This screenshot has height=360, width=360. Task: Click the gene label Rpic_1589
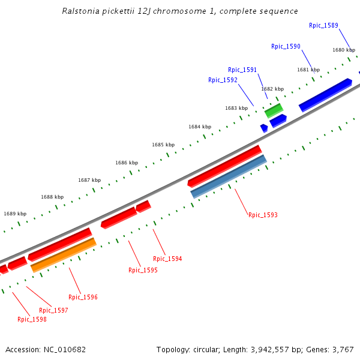323,25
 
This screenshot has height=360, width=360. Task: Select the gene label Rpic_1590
286,46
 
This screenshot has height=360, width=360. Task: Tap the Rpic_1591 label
242,70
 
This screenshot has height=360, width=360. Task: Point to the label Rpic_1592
223,80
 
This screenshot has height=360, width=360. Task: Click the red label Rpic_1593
263,215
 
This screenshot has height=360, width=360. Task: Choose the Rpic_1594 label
167,259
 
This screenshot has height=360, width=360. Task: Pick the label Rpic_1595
143,270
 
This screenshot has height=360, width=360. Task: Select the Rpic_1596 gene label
83,297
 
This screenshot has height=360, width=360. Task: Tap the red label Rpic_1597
53,310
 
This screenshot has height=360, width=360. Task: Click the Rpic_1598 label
32,319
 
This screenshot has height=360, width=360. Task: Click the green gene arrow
274,110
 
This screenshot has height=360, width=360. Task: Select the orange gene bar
63,255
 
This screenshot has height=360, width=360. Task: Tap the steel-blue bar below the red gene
228,176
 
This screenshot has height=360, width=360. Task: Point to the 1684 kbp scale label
200,127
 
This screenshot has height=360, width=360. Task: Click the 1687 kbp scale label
89,180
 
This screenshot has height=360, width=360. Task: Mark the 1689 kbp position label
15,214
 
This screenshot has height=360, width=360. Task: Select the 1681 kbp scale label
308,70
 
